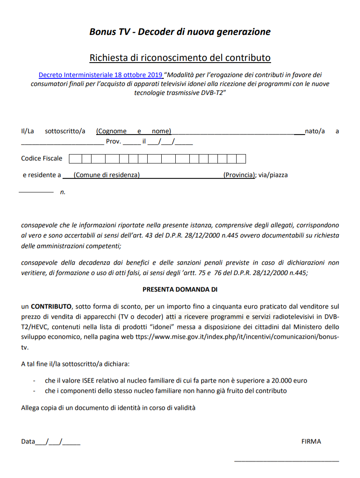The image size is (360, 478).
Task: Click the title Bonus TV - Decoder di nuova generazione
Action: [x=180, y=32]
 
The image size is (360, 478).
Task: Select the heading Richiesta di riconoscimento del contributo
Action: [x=180, y=57]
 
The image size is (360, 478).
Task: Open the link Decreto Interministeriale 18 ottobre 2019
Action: [x=101, y=75]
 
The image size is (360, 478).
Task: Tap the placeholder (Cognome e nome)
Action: [x=134, y=131]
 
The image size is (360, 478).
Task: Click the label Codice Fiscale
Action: [x=42, y=158]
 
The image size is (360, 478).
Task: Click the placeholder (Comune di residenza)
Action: [x=106, y=175]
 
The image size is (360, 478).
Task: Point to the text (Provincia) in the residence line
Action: [x=239, y=175]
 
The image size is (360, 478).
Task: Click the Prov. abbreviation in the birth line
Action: [x=113, y=142]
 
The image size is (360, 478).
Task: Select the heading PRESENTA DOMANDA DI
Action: [x=180, y=289]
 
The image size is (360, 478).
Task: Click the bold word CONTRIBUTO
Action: [x=51, y=306]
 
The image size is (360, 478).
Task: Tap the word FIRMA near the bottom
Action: [x=311, y=441]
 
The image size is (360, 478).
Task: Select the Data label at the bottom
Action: [x=28, y=441]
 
